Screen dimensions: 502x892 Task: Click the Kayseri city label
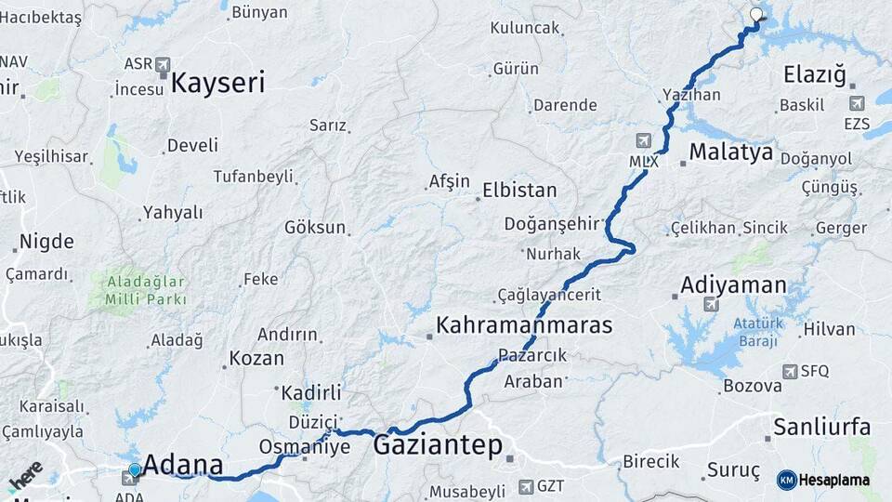218,83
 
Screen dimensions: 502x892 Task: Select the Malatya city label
731,152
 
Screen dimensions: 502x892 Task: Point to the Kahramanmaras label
524,325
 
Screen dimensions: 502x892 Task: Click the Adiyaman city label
733,285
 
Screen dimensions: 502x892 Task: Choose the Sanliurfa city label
822,428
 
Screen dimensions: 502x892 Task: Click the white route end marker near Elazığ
756,15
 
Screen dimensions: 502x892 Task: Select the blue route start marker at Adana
136,471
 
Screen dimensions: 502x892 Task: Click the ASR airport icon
164,64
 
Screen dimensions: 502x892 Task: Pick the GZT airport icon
527,486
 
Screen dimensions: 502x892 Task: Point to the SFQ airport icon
790,372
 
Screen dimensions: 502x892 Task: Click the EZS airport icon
857,103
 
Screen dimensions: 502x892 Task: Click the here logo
25,476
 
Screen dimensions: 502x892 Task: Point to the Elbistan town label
519,191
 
